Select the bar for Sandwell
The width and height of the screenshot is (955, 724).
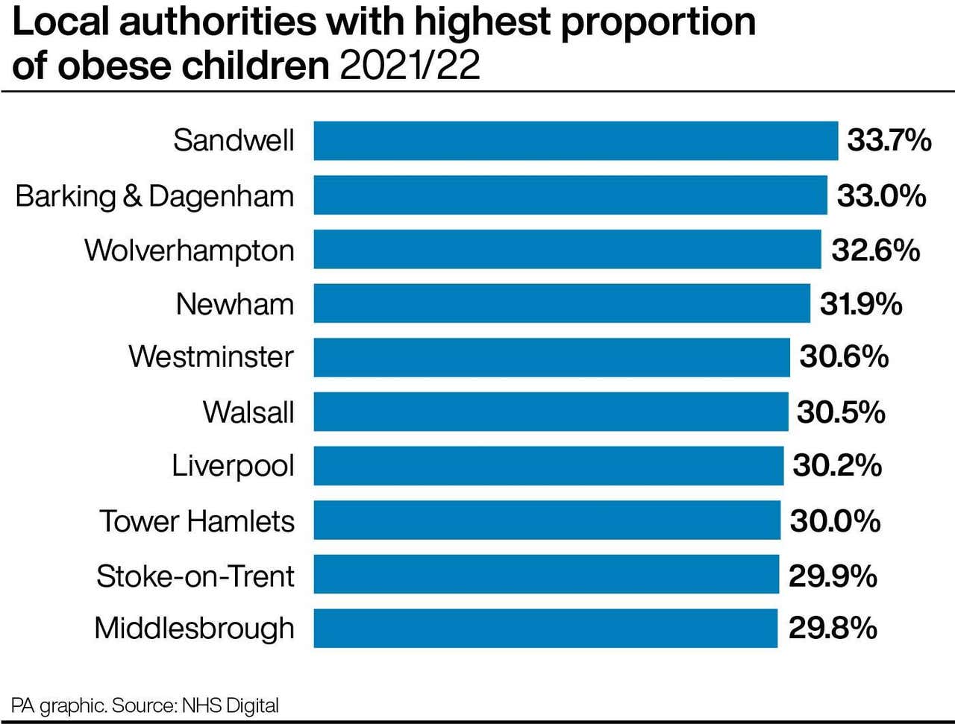coord(575,141)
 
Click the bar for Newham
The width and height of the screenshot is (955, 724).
coord(561,303)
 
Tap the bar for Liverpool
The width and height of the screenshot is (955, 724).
coord(548,466)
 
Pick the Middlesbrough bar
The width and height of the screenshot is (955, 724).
coord(545,629)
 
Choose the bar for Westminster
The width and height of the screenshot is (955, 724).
coord(551,357)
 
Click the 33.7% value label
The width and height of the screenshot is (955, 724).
coord(889,140)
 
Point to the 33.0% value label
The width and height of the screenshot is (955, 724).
coord(881,195)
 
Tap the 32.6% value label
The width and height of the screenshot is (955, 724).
coord(875,250)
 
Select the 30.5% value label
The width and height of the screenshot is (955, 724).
coord(841,412)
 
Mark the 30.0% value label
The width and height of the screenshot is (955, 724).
coord(835,520)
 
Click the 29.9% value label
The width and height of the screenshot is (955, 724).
coord(833,576)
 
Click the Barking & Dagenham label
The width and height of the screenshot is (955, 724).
coord(154,196)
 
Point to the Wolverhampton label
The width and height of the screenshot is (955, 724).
coord(190,251)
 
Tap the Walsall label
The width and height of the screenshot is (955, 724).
coord(248,412)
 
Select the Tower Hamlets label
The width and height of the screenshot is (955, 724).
coord(197,520)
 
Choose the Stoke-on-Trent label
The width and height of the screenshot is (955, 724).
coord(195,576)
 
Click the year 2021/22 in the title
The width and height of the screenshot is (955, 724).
coord(410,66)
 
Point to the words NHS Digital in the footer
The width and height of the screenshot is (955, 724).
coord(230,705)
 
